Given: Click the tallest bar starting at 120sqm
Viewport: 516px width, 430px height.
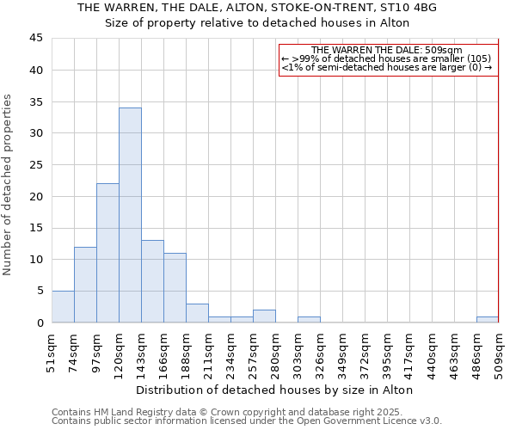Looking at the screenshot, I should pos(130,215).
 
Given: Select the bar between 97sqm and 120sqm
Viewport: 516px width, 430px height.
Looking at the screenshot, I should pos(107,253).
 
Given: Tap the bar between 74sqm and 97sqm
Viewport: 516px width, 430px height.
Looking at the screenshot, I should pos(85,285).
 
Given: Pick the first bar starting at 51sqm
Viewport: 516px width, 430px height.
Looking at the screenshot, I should pos(63,307).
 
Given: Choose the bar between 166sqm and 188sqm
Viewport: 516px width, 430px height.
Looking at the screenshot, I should pos(175,288).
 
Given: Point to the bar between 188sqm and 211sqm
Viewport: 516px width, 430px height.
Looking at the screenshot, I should pos(197,313).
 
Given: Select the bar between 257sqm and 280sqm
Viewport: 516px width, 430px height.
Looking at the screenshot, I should pos(264,316).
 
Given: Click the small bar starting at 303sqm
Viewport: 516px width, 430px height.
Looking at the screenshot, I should pos(309,320).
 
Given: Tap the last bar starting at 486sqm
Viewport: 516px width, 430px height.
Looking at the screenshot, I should pos(487,320).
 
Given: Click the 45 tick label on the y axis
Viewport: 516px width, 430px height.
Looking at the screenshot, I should pos(35,39).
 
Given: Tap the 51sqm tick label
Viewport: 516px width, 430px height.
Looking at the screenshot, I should pos(52,353).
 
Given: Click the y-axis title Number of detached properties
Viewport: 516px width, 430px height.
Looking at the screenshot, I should pos(9,185).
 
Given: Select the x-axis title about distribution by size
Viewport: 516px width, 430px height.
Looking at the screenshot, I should pos(274,390).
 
